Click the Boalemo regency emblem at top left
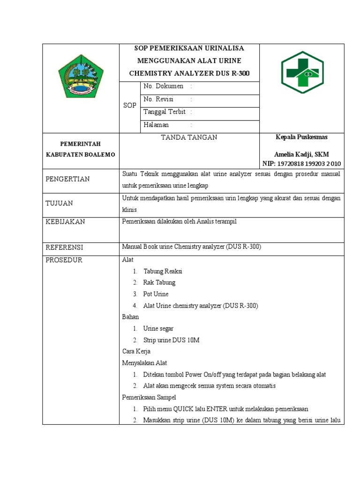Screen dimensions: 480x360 pos(81,75)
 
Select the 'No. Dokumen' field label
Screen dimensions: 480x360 pos(163,87)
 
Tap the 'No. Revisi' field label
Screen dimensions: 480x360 pos(158,99)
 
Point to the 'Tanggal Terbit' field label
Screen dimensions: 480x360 pos(165,112)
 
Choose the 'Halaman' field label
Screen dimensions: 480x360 pos(156,125)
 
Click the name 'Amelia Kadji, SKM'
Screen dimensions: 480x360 pos(301,155)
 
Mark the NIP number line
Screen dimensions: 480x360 pos(301,164)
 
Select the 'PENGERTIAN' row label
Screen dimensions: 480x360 pos(67,179)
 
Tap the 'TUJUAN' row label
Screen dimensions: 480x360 pos(59,203)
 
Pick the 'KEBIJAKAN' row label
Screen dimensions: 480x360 pos(65,222)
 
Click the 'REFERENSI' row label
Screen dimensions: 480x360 pos(64,247)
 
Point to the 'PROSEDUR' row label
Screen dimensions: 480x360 pos(64,260)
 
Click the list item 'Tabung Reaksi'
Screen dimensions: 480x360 pos(163,271)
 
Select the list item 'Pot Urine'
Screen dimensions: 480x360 pos(156,294)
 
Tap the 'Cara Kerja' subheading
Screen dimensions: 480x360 pos(136,352)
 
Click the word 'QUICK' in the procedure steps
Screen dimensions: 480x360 pos(184,409)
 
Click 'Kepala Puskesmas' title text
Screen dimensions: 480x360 pos(301,137)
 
